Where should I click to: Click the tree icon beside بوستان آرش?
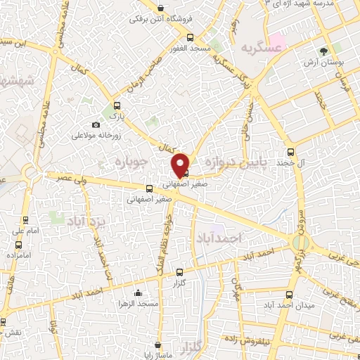tap(324, 51)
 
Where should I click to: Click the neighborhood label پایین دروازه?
tap(234, 162)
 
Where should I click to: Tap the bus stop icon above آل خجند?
tap(290, 152)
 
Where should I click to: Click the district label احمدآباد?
tap(220, 238)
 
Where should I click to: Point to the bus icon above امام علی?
tap(26, 220)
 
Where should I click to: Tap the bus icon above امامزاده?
tap(19, 245)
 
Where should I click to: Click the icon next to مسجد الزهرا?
tap(137, 293)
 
